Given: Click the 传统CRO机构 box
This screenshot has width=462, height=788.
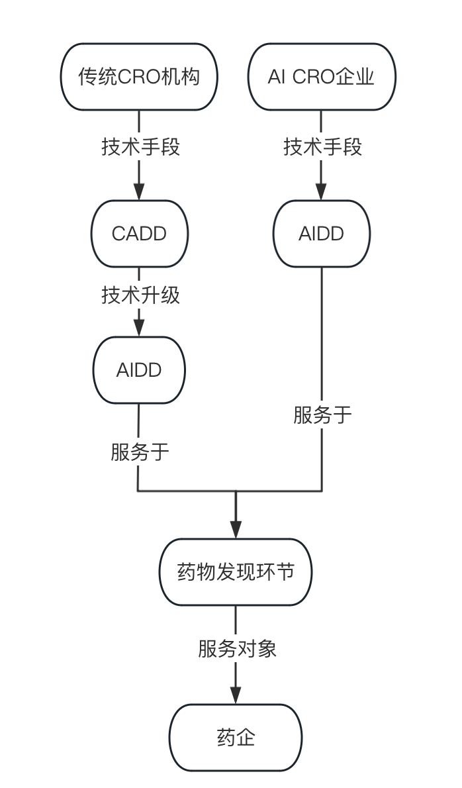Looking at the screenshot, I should (139, 77).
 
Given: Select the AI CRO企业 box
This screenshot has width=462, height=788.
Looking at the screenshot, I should (321, 77).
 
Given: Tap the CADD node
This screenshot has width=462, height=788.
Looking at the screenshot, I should (139, 234).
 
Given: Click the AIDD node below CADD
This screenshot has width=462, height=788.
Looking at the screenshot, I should (139, 369).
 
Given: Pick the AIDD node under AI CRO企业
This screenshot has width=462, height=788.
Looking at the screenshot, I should (321, 234).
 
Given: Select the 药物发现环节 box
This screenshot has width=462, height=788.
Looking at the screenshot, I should (236, 571).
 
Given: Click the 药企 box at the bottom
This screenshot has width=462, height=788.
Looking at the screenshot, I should (236, 737).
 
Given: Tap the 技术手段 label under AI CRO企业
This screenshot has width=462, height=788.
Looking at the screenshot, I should (322, 146).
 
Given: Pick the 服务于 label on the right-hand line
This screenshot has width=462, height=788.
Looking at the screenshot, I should (322, 415).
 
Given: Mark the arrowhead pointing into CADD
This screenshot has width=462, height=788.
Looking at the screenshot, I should (139, 191).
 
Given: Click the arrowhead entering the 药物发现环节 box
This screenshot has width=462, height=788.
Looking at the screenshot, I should (236, 529).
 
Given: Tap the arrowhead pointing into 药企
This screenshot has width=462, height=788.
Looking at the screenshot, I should (236, 695).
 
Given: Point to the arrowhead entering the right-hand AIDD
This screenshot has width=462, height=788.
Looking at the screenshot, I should (321, 191).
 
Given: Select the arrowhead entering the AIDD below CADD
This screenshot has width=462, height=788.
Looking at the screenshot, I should (139, 327).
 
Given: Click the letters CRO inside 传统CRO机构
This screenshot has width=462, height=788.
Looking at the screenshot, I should (133, 77).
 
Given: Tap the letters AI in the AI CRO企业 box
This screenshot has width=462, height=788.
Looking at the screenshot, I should (275, 77).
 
